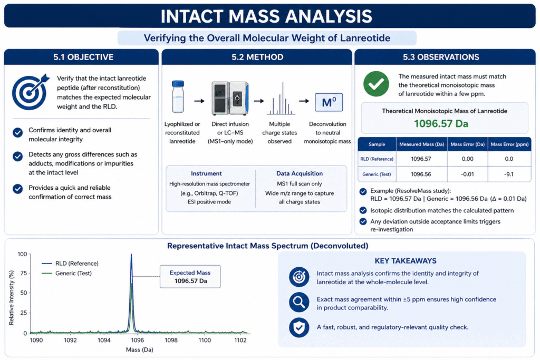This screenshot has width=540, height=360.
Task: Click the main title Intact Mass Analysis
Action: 269,16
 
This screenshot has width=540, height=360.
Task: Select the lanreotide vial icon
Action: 178,98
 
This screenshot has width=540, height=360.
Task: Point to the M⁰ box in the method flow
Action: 327,102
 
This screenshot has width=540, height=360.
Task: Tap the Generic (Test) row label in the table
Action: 377,173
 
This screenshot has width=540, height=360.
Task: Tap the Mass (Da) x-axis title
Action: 138,351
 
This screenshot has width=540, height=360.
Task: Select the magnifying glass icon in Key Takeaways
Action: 299,303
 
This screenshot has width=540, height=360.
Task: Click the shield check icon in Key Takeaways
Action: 299,327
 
